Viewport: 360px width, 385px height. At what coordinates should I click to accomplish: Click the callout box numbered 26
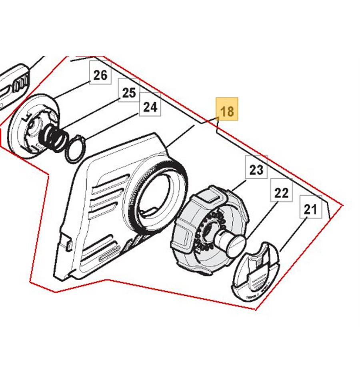[x=100, y=73]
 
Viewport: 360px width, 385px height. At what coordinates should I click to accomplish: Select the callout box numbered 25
[x=129, y=90]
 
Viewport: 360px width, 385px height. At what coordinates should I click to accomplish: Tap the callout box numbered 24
[x=150, y=104]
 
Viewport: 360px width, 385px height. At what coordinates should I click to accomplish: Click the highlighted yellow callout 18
[x=227, y=109]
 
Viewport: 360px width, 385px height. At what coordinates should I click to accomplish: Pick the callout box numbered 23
[x=256, y=167]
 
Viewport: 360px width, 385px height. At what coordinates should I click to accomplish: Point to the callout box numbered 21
[x=311, y=207]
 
